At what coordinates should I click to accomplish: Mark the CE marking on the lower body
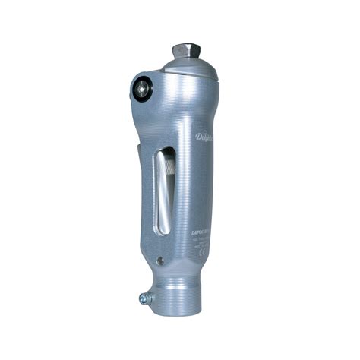(x=203, y=255)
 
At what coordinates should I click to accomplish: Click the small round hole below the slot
(x=160, y=261)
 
